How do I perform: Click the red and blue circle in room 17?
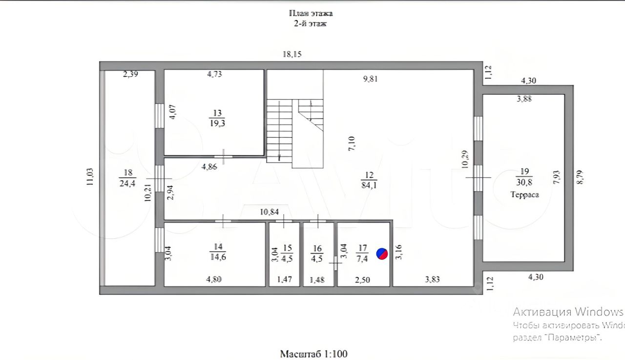click(x=382, y=254)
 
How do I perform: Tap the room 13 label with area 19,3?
click(x=218, y=118)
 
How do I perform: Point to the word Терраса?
click(x=524, y=194)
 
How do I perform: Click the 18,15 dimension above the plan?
click(x=292, y=55)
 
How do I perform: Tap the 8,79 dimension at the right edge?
click(x=580, y=173)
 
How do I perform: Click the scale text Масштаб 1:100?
click(x=313, y=354)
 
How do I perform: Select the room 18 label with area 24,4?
click(x=127, y=178)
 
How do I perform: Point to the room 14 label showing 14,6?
click(x=218, y=252)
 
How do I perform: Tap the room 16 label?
click(x=317, y=253)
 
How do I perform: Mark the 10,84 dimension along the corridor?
click(x=270, y=212)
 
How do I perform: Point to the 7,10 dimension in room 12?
click(x=351, y=145)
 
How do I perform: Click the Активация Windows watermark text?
click(x=568, y=312)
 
